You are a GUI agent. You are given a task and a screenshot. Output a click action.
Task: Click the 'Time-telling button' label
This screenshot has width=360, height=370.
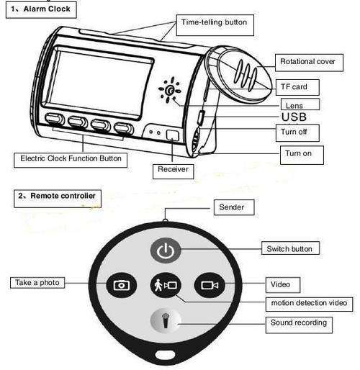[x=215, y=25]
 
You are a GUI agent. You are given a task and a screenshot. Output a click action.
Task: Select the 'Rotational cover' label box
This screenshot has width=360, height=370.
[x=309, y=63]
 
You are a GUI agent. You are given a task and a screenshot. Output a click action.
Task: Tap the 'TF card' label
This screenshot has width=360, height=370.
[x=297, y=87]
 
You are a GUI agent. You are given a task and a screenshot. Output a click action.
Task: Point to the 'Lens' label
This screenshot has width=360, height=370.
[x=300, y=104]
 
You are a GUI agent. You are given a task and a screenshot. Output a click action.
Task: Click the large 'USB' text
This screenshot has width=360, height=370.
[x=294, y=117]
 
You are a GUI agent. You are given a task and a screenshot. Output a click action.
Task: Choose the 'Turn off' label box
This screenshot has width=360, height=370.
[x=297, y=132]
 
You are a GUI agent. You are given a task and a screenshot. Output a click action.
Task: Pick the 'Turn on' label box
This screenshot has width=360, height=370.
[x=302, y=155]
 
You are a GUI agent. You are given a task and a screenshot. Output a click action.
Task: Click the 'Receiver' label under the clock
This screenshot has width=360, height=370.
[x=173, y=171]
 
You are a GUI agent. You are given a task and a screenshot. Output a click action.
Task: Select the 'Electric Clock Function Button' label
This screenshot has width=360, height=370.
[x=71, y=160]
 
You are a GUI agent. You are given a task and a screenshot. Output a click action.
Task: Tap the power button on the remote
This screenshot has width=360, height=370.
[x=166, y=251]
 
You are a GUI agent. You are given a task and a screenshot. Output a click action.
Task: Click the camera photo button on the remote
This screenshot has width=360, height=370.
[x=122, y=285]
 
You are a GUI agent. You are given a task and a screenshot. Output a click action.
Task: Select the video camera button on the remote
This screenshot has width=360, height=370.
[x=210, y=285]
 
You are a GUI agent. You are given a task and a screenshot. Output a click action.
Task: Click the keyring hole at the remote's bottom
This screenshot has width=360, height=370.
[x=165, y=354]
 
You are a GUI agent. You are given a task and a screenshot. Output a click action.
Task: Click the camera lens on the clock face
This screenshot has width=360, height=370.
[x=170, y=91]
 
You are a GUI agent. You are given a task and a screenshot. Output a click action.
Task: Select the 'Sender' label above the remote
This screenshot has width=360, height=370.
[x=234, y=207]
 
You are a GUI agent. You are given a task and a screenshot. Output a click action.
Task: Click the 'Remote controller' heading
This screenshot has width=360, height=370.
[x=58, y=199]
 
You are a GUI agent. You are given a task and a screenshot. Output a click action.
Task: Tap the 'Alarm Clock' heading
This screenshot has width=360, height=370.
[x=41, y=10]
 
